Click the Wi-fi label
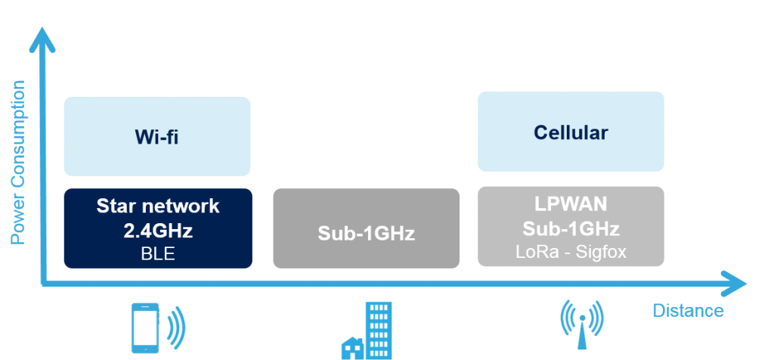[x=156, y=137]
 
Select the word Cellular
[x=571, y=132]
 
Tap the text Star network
[x=158, y=206]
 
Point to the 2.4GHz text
[x=158, y=231]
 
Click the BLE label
[x=158, y=253]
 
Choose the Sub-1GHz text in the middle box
[x=367, y=233]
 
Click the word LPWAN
[x=571, y=203]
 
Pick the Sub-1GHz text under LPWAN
[x=571, y=228]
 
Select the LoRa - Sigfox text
[x=571, y=252]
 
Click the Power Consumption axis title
[x=18, y=162]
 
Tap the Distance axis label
[x=688, y=311]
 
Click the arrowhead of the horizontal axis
[x=735, y=284]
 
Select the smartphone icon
[x=145, y=328]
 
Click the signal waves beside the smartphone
[x=175, y=327]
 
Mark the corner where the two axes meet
[x=43, y=284]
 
